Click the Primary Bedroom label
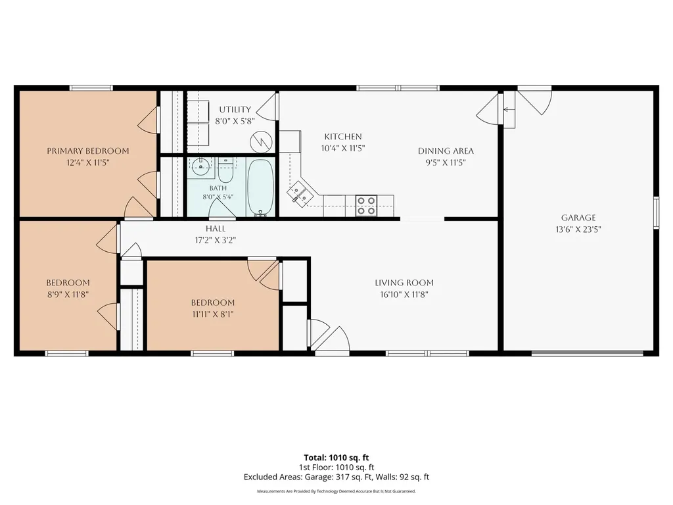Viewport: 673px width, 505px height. (x=88, y=151)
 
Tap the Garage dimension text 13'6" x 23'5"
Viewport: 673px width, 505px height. (x=578, y=229)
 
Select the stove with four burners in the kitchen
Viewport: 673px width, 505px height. (x=366, y=206)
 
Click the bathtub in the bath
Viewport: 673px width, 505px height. (x=260, y=187)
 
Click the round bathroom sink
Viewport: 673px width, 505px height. (x=200, y=166)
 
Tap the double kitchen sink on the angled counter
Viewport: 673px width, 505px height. (x=300, y=193)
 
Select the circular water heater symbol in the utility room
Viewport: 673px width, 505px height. (x=261, y=142)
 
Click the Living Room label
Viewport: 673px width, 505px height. (x=404, y=283)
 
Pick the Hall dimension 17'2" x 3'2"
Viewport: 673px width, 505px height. (x=216, y=241)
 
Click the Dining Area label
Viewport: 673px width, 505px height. (x=446, y=151)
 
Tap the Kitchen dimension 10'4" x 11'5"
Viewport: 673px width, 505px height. (x=343, y=149)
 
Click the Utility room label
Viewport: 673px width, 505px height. (x=235, y=110)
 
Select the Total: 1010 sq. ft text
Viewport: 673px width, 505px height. (x=336, y=458)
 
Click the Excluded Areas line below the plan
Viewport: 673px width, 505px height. (x=336, y=477)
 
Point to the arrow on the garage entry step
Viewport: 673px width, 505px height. (x=509, y=110)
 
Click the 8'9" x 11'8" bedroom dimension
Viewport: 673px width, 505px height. (x=68, y=295)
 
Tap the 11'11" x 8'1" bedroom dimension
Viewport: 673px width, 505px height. (x=213, y=314)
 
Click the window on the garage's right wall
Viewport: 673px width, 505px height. (x=657, y=212)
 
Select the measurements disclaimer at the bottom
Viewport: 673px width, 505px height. (x=336, y=491)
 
